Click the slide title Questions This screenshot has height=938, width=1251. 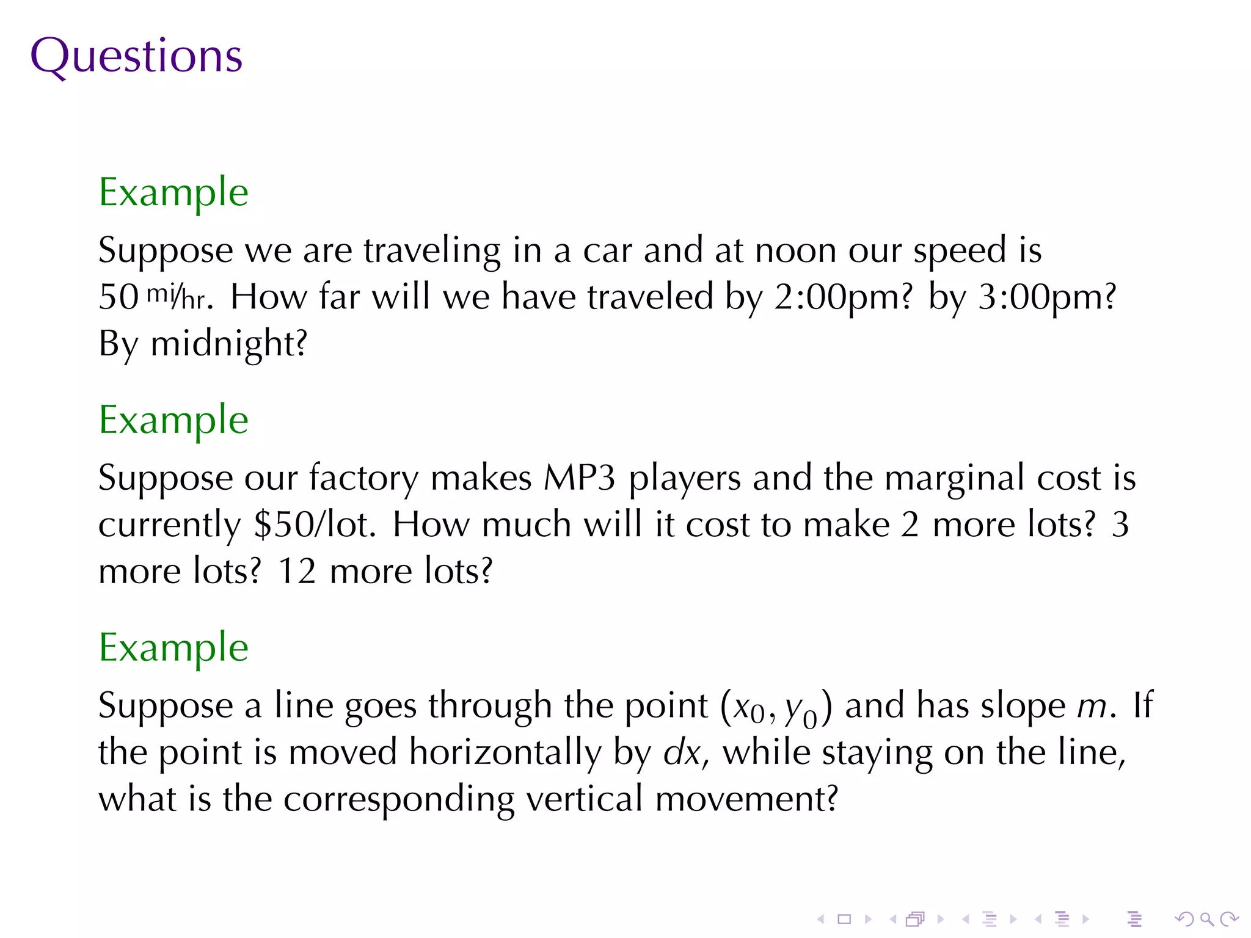136,56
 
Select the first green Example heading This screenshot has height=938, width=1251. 173,193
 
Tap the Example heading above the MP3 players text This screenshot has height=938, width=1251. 173,421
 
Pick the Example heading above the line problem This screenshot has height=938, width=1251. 173,648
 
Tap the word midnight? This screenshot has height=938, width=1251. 228,344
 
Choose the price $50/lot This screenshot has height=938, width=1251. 314,525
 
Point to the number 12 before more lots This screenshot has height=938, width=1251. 297,572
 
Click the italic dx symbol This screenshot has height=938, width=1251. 681,753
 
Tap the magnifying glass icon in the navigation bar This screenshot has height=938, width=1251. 1206,918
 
